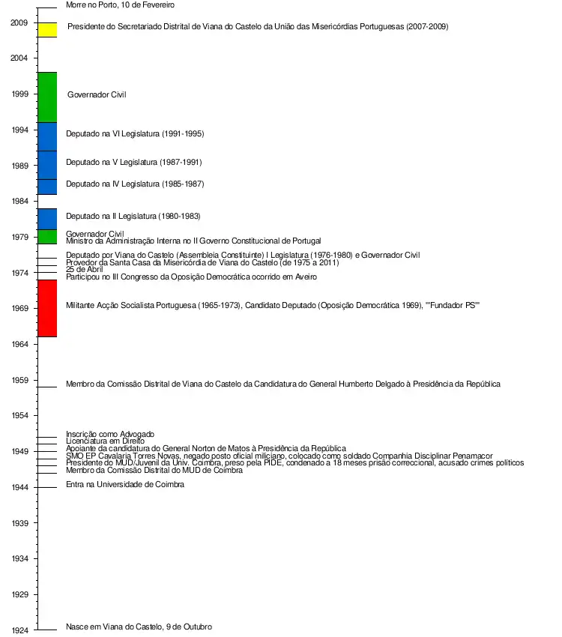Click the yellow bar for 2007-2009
pos(47,30)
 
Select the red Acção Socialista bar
pos(47,308)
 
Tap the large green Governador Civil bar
pos(47,97)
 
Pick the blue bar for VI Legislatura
pos(47,136)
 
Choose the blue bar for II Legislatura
pos(47,219)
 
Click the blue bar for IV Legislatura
pos(47,187)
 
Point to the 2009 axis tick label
pos(19,22)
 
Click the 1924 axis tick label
pos(19,630)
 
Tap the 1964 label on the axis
pos(19,344)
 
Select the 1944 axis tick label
pos(19,487)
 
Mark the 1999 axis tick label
pos(19,94)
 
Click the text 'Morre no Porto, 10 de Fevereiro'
pos(120,4)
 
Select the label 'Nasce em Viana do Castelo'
pos(139,627)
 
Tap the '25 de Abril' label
pos(84,270)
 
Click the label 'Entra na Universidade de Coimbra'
pos(124,484)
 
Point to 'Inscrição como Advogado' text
pos(109,434)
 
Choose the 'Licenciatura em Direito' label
pos(105,441)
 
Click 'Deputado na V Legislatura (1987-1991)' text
pos(133,162)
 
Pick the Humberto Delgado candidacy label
pos(282,384)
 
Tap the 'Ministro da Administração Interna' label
pos(193,241)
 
